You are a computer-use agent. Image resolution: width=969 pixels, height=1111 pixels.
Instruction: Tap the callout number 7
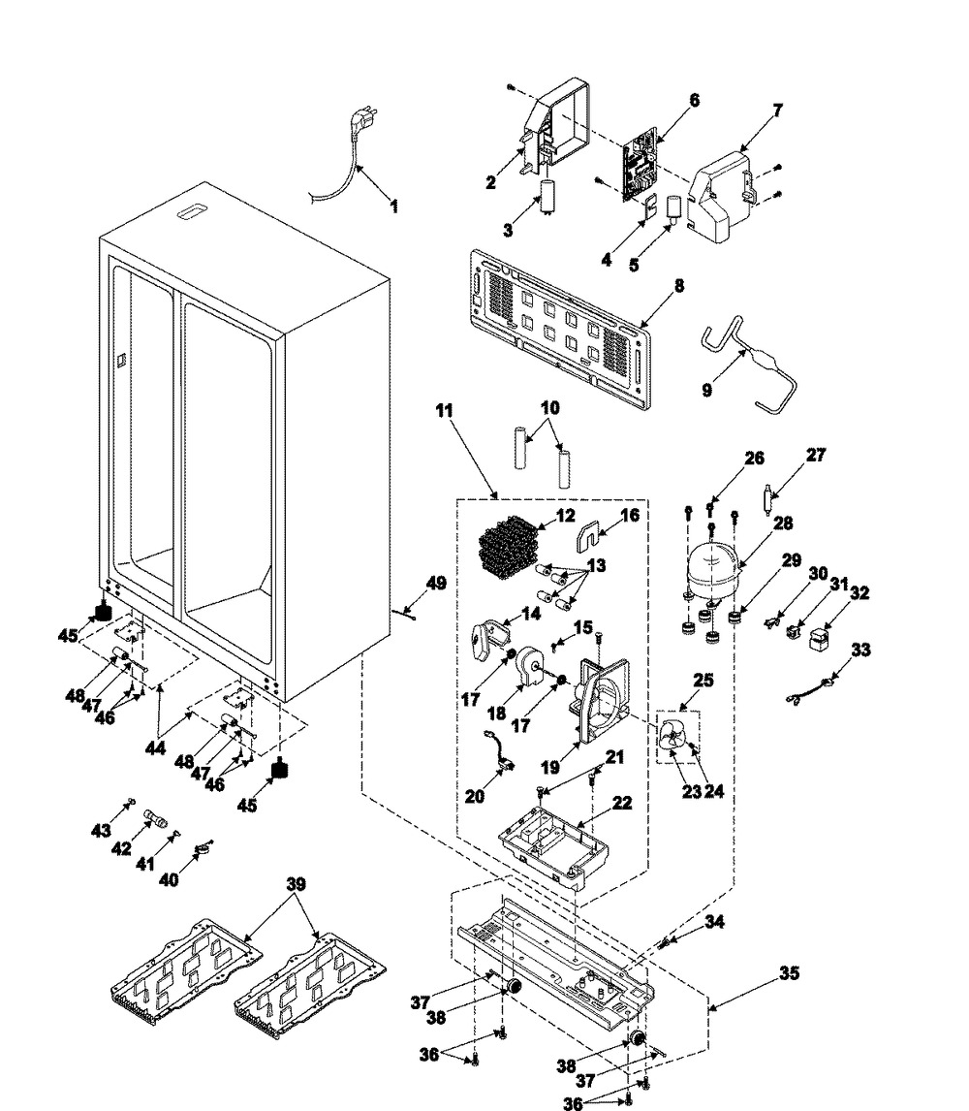[x=777, y=111]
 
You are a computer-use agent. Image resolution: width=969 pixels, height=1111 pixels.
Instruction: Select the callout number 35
[x=790, y=972]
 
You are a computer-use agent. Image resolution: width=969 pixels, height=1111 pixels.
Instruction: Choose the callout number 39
[x=296, y=884]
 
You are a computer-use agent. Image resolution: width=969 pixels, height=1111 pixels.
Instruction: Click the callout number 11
[x=444, y=412]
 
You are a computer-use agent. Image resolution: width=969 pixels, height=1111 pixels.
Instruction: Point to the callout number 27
[x=817, y=454]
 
